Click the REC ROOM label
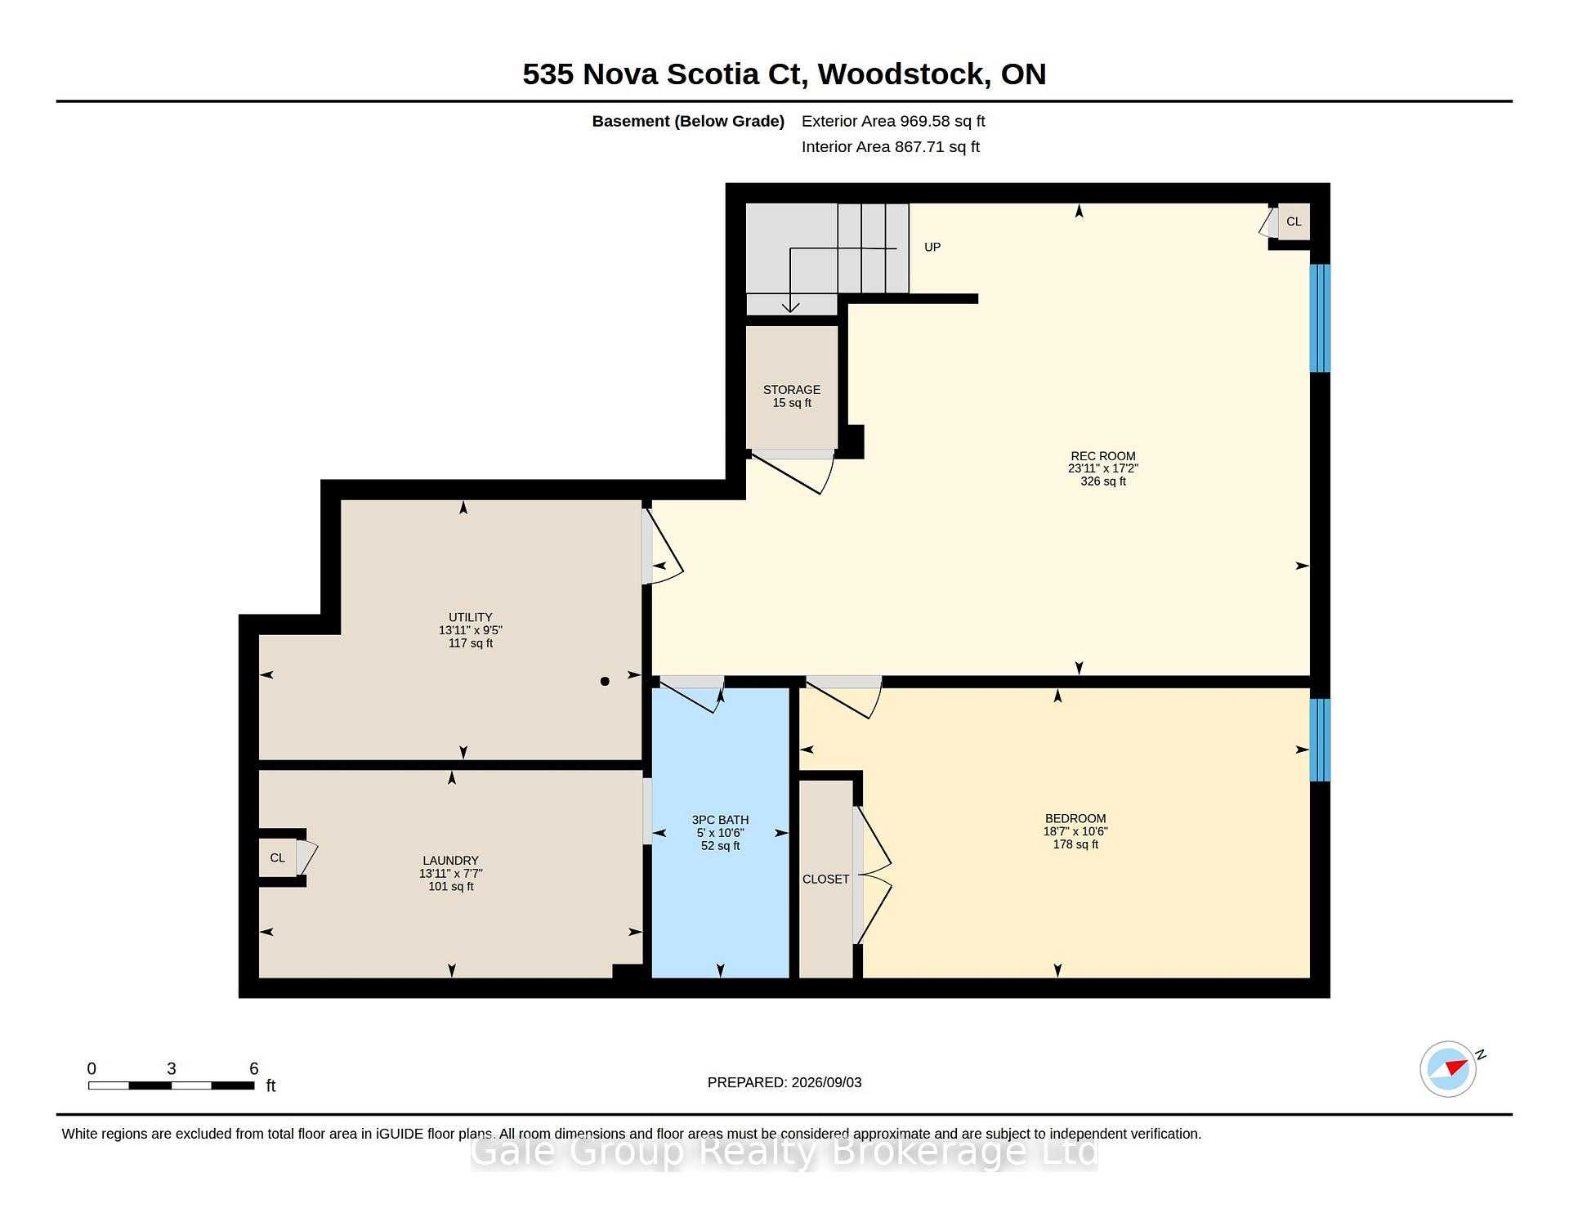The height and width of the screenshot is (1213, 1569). tap(1102, 456)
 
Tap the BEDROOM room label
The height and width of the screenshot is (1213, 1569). tap(1075, 818)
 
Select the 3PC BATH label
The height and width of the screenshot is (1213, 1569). tap(720, 820)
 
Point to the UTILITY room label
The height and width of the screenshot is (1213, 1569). tap(471, 617)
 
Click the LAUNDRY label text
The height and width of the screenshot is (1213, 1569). tap(450, 861)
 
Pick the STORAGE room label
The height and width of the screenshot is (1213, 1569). tap(792, 390)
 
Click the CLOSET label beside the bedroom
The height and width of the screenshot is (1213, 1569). tap(825, 880)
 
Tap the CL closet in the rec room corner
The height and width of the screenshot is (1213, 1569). tap(1294, 222)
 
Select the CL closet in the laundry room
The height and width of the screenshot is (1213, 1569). tap(278, 857)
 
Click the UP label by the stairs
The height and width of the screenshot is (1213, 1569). tap(932, 247)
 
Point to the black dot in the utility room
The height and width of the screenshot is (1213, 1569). tap(605, 681)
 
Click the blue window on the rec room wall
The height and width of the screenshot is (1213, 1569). tap(1320, 318)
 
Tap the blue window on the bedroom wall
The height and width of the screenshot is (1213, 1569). tap(1320, 740)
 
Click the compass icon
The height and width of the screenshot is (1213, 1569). tap(1449, 1068)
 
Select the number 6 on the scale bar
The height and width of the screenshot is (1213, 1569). tap(254, 1068)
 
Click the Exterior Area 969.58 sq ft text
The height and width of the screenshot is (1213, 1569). tap(893, 121)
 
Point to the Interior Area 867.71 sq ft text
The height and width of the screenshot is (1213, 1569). tap(891, 147)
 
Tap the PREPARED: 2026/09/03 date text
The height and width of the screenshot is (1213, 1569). tap(784, 1082)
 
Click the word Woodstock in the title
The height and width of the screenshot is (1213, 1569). tap(905, 74)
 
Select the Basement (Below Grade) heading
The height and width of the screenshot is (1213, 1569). tap(688, 121)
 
